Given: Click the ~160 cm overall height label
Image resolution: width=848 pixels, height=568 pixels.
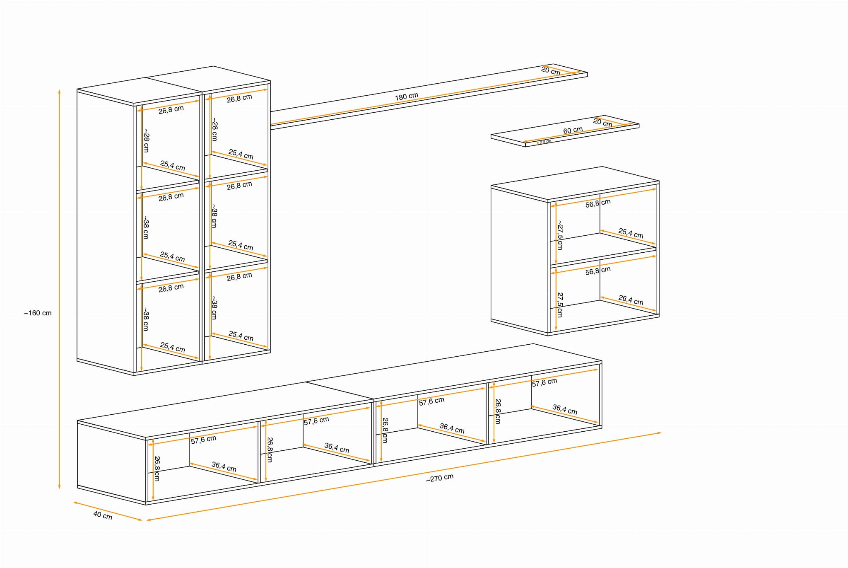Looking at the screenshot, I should pyautogui.click(x=38, y=313).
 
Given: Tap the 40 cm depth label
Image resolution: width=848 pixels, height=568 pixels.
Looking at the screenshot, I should pyautogui.click(x=103, y=515).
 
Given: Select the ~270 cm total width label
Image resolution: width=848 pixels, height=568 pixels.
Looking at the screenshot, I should pyautogui.click(x=440, y=478).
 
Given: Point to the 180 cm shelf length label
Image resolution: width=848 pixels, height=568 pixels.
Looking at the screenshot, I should pyautogui.click(x=406, y=97).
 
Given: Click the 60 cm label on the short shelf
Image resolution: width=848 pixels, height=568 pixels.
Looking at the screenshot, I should pyautogui.click(x=573, y=131).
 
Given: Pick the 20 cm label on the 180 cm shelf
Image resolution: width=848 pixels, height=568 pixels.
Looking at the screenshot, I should pyautogui.click(x=551, y=71).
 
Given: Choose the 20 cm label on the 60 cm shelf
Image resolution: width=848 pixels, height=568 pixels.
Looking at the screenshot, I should pyautogui.click(x=602, y=123).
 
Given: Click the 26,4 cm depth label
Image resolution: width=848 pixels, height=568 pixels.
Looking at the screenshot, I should pyautogui.click(x=631, y=300).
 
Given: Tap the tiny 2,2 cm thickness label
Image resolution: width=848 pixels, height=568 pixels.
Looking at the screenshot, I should pyautogui.click(x=545, y=142).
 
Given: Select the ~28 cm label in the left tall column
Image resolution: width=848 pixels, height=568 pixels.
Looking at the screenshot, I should pyautogui.click(x=146, y=141).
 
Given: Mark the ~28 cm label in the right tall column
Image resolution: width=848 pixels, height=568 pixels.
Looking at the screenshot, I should pyautogui.click(x=214, y=129).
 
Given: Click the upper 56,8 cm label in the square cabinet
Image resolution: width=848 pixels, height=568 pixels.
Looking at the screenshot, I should pyautogui.click(x=598, y=203).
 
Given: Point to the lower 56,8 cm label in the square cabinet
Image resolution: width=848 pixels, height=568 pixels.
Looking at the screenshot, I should pyautogui.click(x=598, y=271).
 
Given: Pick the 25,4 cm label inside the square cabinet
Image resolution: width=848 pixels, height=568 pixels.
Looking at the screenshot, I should pyautogui.click(x=631, y=233).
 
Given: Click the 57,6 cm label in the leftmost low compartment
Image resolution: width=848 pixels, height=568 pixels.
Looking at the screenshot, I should pyautogui.click(x=203, y=440).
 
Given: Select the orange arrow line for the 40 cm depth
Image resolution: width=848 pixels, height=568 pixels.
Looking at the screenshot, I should pyautogui.click(x=108, y=511).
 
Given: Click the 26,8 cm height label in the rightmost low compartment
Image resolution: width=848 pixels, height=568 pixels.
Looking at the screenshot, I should pyautogui.click(x=498, y=411).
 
